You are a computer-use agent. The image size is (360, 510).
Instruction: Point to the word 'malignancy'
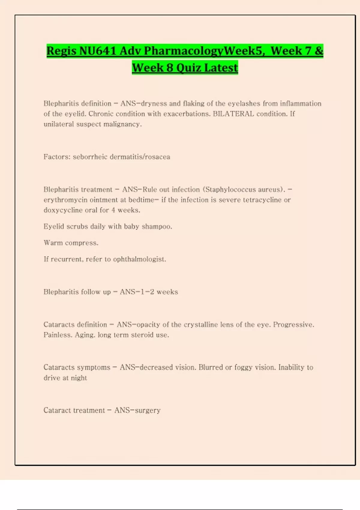click(x=122, y=124)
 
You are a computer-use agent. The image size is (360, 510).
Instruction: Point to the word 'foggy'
click(x=243, y=367)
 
